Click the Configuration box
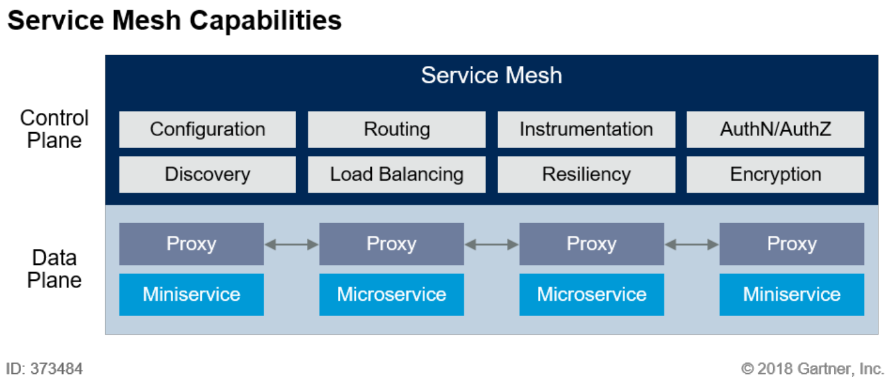pyautogui.click(x=207, y=130)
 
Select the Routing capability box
pyautogui.click(x=396, y=130)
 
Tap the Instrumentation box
pyautogui.click(x=586, y=130)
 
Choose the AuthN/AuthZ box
pyautogui.click(x=775, y=130)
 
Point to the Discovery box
pyautogui.click(x=207, y=174)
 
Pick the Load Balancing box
pyautogui.click(x=396, y=174)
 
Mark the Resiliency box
pyautogui.click(x=586, y=174)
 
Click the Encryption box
pyautogui.click(x=775, y=174)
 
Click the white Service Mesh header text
pyautogui.click(x=491, y=76)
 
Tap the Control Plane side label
pyautogui.click(x=54, y=129)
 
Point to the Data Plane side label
pyautogui.click(x=54, y=269)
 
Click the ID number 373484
pyautogui.click(x=56, y=369)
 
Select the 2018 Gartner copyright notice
pyautogui.click(x=812, y=369)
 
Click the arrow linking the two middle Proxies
pyautogui.click(x=491, y=244)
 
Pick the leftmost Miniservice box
pyautogui.click(x=191, y=294)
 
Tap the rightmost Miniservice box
pyautogui.click(x=791, y=294)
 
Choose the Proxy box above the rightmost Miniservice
pyautogui.click(x=791, y=244)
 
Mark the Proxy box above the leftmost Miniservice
pyautogui.click(x=191, y=244)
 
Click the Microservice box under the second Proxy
pyautogui.click(x=391, y=294)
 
